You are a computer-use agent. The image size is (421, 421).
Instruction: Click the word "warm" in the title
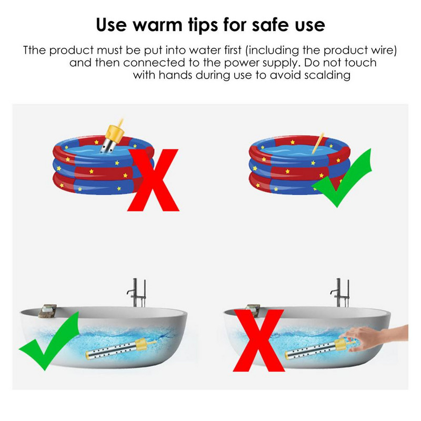point(157,25)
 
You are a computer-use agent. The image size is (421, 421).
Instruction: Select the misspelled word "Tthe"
point(34,50)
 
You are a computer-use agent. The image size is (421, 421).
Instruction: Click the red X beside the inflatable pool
point(153,180)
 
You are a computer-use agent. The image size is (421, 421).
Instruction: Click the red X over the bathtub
point(258,340)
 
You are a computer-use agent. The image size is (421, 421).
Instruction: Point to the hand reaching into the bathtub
point(376,338)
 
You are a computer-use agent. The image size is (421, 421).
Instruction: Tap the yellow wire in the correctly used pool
point(318,144)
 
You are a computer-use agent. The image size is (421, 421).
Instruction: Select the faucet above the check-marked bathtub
point(137,293)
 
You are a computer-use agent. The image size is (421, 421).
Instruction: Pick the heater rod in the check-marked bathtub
point(121,349)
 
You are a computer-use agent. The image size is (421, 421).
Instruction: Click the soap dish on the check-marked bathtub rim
point(47,311)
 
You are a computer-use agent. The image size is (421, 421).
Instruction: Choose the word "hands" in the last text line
point(175,75)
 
